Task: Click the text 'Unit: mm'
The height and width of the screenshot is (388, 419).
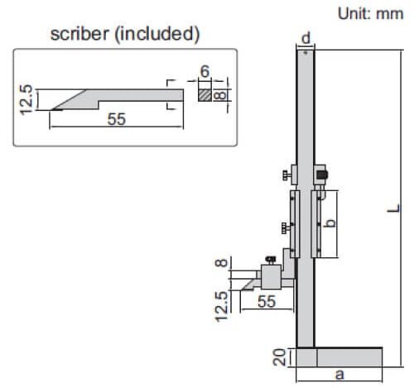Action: [x=369, y=14]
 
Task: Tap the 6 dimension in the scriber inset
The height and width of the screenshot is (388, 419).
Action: [x=204, y=73]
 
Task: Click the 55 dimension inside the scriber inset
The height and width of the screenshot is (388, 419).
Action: [x=115, y=119]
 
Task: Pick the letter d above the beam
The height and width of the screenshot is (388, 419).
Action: [x=306, y=39]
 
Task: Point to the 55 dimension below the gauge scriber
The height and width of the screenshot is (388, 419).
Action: [x=265, y=302]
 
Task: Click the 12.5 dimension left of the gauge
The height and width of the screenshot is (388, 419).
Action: [x=220, y=304]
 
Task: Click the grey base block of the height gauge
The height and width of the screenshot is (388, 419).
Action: [x=339, y=357]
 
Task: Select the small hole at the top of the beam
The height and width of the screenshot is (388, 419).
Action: [x=306, y=55]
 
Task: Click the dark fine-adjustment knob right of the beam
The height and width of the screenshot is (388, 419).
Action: [x=321, y=175]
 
